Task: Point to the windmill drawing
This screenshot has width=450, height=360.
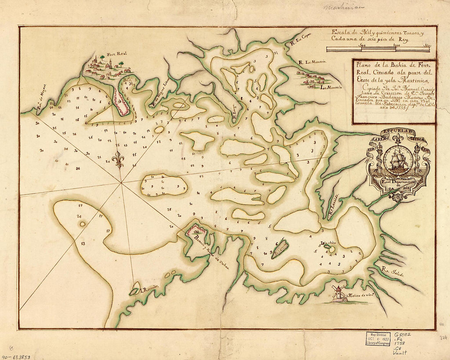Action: (338, 293)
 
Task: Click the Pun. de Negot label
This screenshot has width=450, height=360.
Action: (42, 100)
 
